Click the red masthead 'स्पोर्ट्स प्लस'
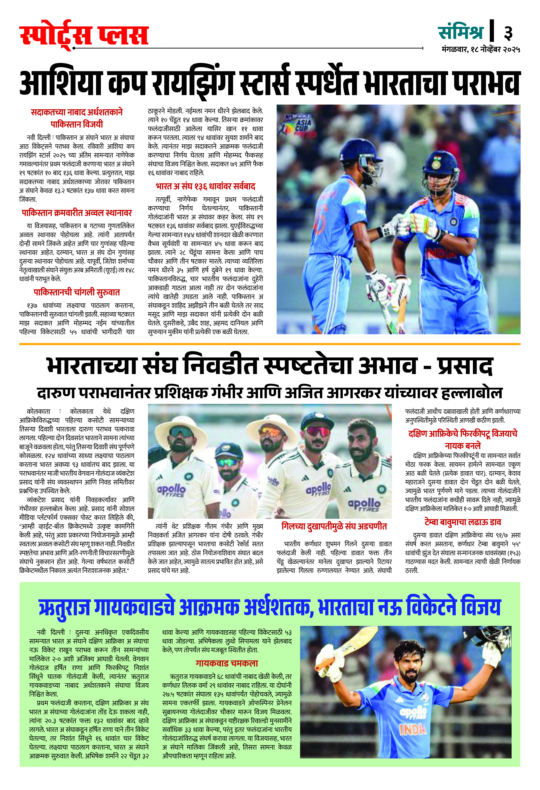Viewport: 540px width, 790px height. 84,36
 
